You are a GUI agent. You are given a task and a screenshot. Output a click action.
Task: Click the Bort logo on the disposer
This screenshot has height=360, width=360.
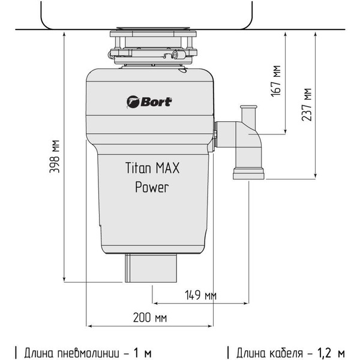149,101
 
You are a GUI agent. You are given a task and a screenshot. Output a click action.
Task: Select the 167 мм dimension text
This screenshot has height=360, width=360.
277,81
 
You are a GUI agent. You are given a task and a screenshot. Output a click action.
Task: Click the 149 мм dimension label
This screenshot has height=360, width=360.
200,296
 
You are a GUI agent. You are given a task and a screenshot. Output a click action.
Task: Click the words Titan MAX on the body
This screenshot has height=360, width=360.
152,167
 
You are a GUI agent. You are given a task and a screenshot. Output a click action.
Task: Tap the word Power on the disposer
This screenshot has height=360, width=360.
152,187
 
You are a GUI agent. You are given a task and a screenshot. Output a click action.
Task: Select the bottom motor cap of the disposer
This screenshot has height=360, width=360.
152,268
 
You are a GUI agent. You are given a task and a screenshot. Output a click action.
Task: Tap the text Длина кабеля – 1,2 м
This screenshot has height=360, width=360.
290,352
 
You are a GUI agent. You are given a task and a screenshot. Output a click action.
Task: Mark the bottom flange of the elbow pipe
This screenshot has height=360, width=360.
248,175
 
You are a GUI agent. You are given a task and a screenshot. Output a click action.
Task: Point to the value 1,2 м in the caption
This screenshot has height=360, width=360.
334,352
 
